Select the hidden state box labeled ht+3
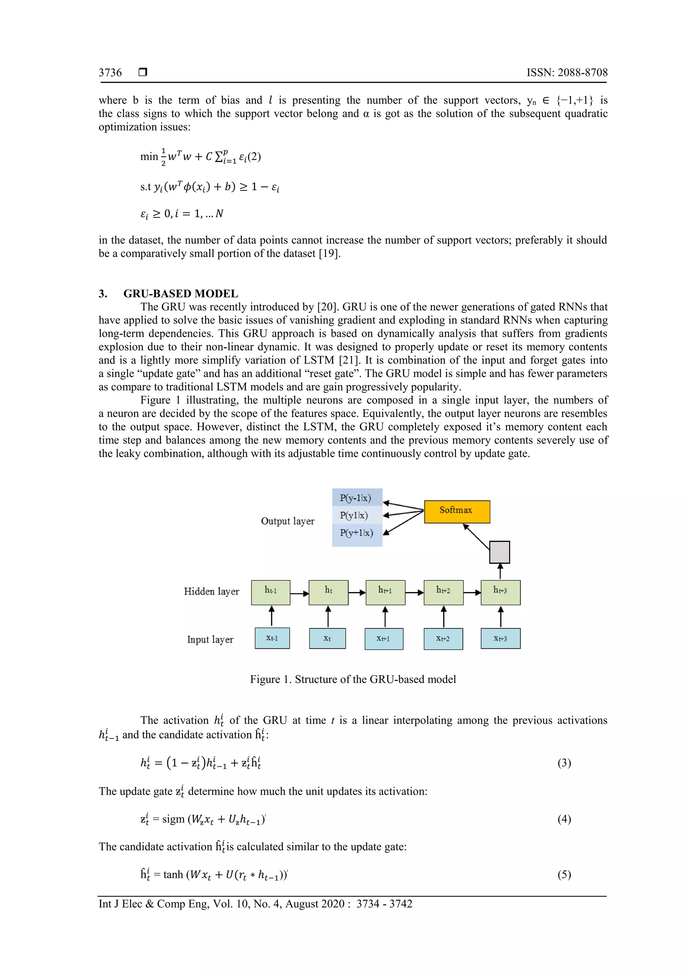point(500,592)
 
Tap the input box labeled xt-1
point(272,638)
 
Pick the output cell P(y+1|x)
point(357,533)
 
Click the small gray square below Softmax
point(500,552)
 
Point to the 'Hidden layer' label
point(211,591)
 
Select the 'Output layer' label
point(287,521)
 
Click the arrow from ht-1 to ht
point(299,593)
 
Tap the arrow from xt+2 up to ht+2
point(443,617)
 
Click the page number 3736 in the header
point(110,73)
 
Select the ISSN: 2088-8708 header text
point(567,73)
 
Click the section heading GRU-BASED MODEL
point(180,294)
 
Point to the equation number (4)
point(564,819)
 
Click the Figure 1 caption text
point(353,679)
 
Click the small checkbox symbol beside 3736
point(143,72)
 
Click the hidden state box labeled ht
point(328,592)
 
